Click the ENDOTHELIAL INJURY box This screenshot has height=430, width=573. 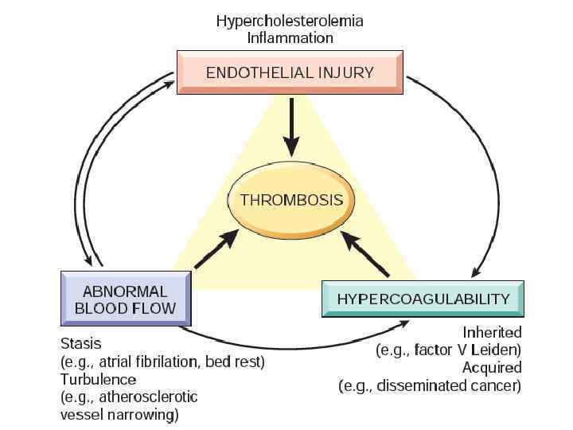pos(290,73)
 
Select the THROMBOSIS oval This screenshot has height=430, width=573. pos(292,199)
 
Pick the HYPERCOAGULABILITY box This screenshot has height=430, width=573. pos(423,299)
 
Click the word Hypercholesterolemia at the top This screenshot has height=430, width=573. pos(290,21)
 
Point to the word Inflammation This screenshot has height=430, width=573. pos(290,37)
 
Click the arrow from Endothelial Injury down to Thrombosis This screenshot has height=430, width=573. pos(292,127)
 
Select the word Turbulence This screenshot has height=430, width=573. pos(98,379)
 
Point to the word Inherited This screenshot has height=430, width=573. pos(492,332)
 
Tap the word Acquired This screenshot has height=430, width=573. pos(492,367)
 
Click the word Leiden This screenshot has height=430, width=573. pos(497,350)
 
